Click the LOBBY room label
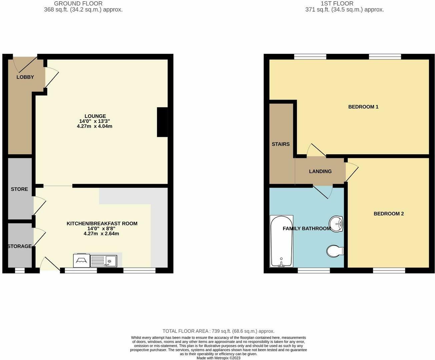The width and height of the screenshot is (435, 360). [25, 77]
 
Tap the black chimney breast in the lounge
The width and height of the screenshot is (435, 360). [162, 122]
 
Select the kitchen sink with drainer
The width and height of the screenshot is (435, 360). [103, 261]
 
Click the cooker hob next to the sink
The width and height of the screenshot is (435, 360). [81, 260]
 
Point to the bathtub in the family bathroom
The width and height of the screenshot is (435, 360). [282, 241]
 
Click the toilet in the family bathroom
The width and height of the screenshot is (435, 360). [335, 251]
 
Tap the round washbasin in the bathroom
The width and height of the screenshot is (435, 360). [336, 224]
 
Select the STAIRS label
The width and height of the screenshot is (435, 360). [281, 144]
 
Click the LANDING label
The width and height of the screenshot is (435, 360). [320, 171]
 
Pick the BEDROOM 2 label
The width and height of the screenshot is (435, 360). [389, 214]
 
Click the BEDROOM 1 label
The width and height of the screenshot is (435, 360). [363, 107]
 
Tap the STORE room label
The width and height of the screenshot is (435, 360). [19, 189]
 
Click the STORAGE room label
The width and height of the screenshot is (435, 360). [20, 246]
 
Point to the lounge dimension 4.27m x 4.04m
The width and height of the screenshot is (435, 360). [95, 126]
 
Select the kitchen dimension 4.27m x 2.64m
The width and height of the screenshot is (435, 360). [101, 234]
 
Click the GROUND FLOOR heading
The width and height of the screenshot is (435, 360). [78, 4]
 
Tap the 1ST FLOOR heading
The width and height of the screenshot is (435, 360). [337, 4]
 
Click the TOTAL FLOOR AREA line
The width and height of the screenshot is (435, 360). [219, 331]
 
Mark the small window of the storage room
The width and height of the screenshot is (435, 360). [20, 270]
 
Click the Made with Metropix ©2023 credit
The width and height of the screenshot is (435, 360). [219, 358]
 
